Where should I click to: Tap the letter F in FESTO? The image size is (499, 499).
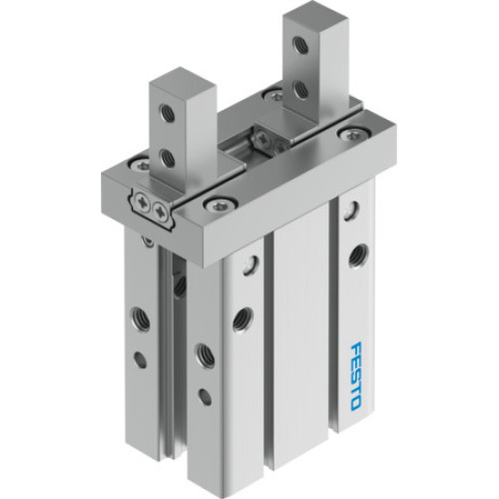[360, 351]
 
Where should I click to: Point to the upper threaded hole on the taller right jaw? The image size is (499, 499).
[300, 46]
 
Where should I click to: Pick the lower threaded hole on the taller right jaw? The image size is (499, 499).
[300, 89]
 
